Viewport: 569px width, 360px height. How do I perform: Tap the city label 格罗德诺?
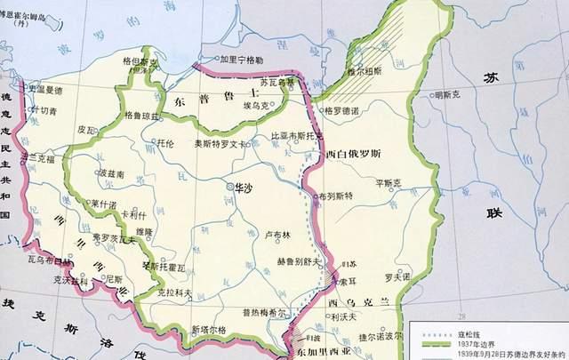click(345, 111)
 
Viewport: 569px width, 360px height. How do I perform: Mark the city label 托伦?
click(165, 142)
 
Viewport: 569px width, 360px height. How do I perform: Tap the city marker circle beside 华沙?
click(228, 188)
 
